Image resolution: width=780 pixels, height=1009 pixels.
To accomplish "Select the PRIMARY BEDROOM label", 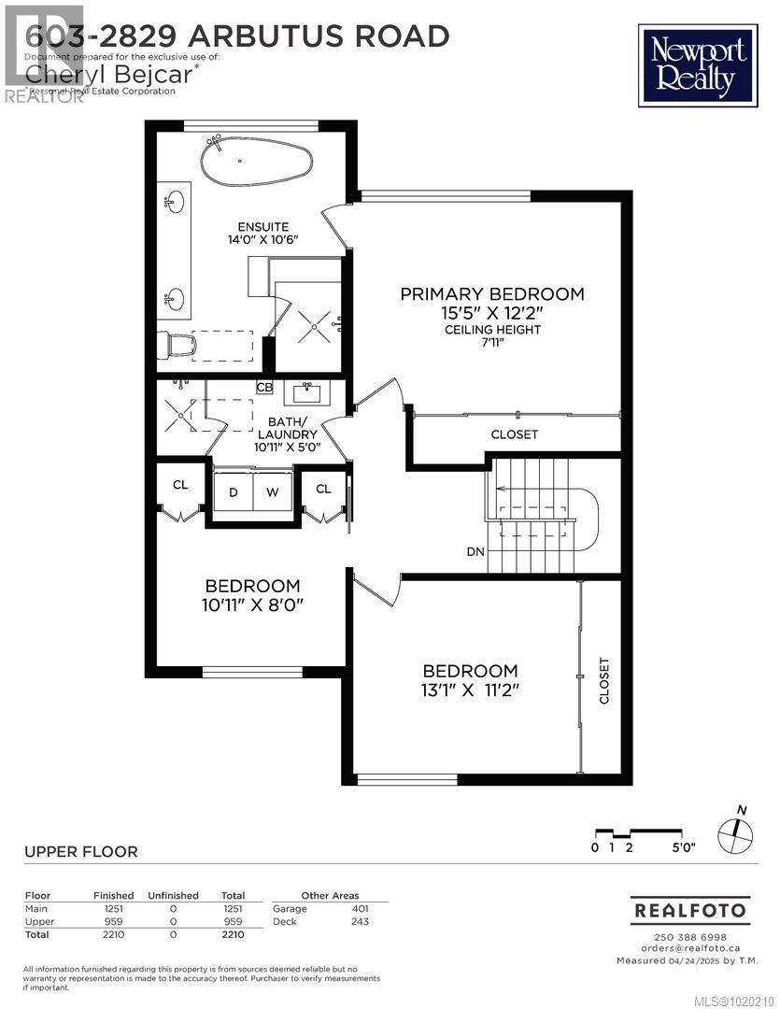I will [x=492, y=294].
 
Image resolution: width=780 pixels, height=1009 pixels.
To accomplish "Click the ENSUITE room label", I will [x=262, y=227].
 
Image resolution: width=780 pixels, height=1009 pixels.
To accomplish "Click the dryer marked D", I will [x=233, y=492].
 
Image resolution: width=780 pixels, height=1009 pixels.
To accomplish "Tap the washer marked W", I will [x=274, y=492].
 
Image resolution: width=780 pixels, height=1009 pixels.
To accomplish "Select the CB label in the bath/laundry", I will [x=264, y=388].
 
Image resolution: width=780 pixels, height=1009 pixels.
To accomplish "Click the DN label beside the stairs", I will [x=475, y=551].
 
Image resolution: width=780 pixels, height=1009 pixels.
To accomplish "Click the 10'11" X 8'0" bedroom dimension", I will [x=253, y=605].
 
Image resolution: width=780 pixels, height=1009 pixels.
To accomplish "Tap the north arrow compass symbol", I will [x=736, y=830].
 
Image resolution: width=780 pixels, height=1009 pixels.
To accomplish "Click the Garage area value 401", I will [x=360, y=908].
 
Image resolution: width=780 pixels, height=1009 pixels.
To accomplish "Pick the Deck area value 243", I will [x=360, y=921].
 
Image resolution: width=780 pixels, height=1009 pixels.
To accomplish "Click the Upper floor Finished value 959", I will [x=113, y=921].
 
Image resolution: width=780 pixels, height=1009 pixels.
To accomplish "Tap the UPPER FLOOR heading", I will [x=80, y=852].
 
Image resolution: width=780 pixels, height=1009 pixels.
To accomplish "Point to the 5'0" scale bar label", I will [x=684, y=848].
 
